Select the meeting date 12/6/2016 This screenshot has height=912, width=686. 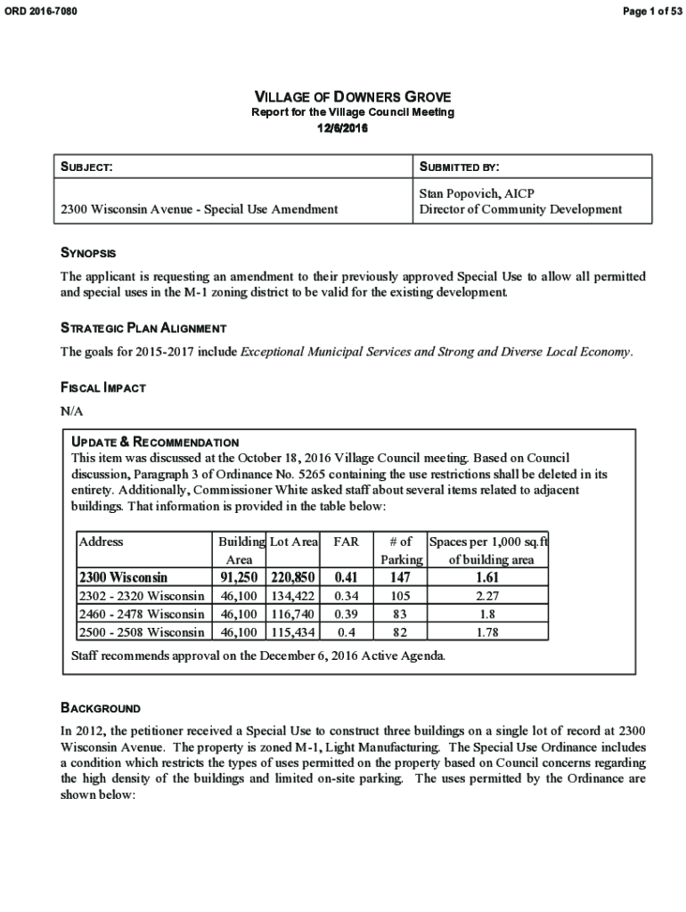pyautogui.click(x=343, y=128)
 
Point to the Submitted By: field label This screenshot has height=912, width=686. pyautogui.click(x=460, y=167)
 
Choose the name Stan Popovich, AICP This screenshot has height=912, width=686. pyautogui.click(x=477, y=193)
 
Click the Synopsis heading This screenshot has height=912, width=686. pyautogui.click(x=87, y=254)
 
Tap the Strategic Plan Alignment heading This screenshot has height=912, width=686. pyautogui.click(x=143, y=328)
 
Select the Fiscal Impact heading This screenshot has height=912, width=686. pyautogui.click(x=102, y=387)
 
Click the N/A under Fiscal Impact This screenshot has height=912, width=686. pyautogui.click(x=71, y=411)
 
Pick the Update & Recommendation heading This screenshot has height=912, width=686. pyautogui.click(x=155, y=442)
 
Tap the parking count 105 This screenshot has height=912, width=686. pyautogui.click(x=401, y=596)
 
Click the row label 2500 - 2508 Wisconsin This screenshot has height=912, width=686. pyautogui.click(x=143, y=632)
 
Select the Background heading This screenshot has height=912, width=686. pyautogui.click(x=100, y=708)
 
